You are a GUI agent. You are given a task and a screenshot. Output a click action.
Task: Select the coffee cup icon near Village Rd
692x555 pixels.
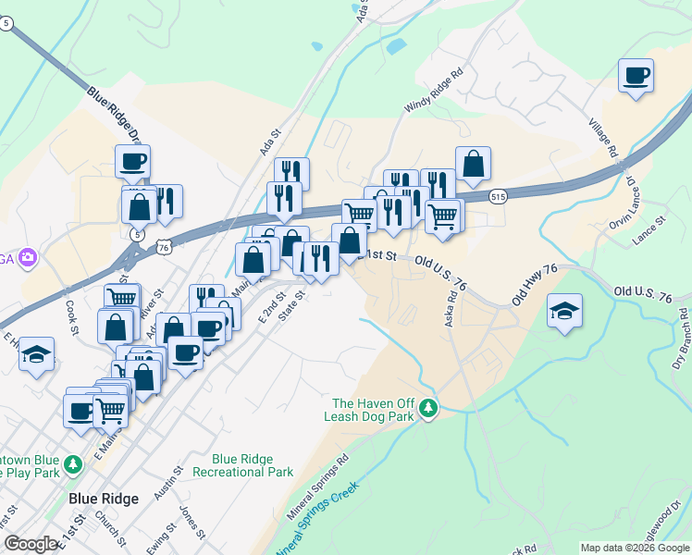(x=636, y=76)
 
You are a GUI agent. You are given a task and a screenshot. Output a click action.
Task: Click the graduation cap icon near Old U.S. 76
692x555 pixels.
(x=563, y=311)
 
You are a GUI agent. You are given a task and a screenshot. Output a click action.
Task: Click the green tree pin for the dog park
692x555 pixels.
(x=427, y=406)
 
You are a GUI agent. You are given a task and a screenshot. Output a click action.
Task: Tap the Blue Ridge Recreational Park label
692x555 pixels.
(x=253, y=465)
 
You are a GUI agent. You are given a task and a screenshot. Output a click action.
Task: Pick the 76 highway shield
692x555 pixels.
(x=164, y=247)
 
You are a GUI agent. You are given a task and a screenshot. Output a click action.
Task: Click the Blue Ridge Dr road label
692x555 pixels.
(x=117, y=117)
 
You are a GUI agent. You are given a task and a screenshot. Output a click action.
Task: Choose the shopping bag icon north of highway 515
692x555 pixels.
(x=473, y=165)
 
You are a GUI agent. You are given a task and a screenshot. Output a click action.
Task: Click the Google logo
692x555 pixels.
(x=30, y=544)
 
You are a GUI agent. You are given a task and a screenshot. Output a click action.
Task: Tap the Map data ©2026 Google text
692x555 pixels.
(x=634, y=548)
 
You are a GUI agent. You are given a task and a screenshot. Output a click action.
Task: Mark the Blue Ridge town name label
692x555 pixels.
(x=104, y=499)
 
